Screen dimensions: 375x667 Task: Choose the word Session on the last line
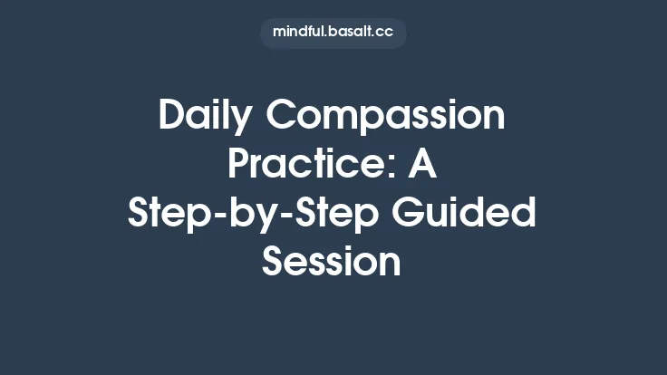(332, 262)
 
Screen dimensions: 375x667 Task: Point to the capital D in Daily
(171, 117)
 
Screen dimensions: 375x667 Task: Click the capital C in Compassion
(278, 117)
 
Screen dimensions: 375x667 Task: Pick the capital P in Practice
(238, 166)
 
